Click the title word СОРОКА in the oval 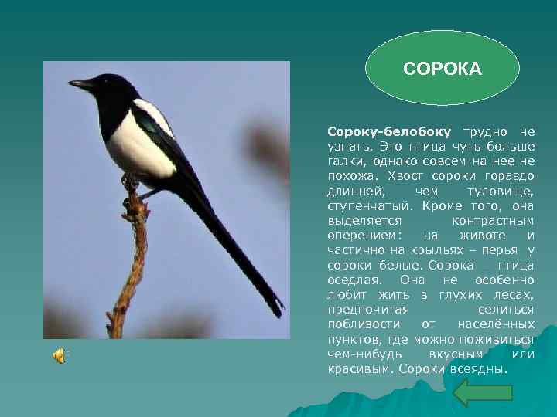[x=443, y=70]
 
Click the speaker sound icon [x=59, y=355]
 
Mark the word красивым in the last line [x=359, y=368]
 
